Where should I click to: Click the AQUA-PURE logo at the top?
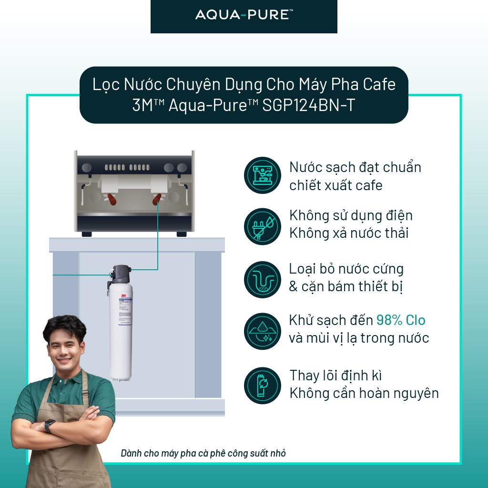point(244,15)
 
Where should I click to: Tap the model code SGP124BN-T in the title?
point(308,105)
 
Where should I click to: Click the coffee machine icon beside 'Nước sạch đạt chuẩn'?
point(263,175)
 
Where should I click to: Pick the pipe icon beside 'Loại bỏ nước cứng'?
point(263,279)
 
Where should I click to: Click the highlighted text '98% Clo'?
point(401,320)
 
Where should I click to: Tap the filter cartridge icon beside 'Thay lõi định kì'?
point(263,385)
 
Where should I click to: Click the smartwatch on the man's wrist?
point(49,426)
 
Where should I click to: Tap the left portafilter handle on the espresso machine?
point(111,199)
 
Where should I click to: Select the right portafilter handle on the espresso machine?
point(156,199)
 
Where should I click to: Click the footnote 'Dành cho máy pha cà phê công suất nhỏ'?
point(203,453)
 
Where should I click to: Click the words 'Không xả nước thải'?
point(349,233)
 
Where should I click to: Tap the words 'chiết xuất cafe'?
point(336,185)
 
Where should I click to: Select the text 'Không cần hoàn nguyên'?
point(364,393)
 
